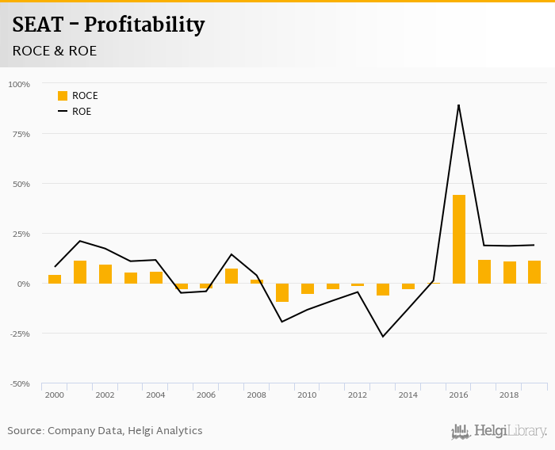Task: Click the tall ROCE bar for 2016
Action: (459, 239)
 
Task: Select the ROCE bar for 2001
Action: (80, 272)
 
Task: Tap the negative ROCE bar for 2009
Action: (282, 292)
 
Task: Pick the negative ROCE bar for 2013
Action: (383, 289)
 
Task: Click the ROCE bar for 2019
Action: (534, 272)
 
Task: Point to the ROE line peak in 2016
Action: (458, 105)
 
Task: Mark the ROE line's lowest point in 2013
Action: (383, 337)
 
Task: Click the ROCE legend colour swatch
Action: (63, 96)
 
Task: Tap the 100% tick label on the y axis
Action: (19, 84)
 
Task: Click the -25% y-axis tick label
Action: (19, 334)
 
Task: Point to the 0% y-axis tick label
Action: (24, 284)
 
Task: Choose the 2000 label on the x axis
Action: (55, 395)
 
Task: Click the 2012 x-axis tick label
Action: (358, 395)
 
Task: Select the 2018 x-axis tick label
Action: (509, 395)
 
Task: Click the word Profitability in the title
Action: (144, 25)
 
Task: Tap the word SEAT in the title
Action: (38, 25)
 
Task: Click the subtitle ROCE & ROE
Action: (55, 51)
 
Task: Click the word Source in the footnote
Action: (25, 431)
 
